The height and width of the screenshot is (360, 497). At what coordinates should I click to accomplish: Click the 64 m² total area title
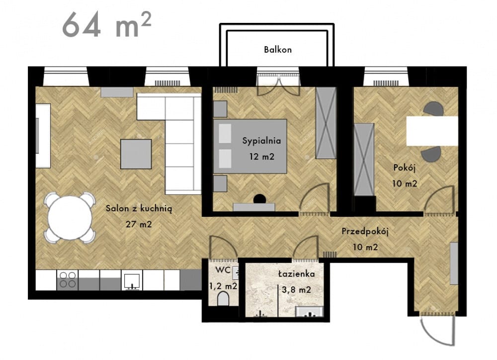click(x=106, y=25)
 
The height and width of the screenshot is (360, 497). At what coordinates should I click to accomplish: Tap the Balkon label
click(x=278, y=50)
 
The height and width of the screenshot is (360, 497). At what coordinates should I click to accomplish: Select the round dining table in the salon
click(x=70, y=218)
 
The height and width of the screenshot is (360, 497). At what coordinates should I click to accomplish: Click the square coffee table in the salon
click(x=136, y=154)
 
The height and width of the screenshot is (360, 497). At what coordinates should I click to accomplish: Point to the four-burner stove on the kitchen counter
click(x=68, y=280)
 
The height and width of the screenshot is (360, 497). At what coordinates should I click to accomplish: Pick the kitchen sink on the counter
click(x=132, y=280)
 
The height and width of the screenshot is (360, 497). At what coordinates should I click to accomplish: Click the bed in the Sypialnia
click(x=250, y=146)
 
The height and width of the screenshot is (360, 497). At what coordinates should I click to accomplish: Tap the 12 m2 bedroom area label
click(x=261, y=157)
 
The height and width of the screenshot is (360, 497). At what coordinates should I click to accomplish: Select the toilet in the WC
click(x=223, y=298)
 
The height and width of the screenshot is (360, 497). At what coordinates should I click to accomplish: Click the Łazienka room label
click(x=296, y=273)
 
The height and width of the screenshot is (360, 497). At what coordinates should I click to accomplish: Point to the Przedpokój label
click(x=365, y=232)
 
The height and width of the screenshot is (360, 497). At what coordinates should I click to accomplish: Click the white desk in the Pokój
click(x=432, y=131)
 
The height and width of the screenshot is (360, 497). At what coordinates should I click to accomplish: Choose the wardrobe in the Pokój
click(x=364, y=160)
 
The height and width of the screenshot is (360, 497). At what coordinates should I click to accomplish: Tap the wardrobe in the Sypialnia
click(x=326, y=123)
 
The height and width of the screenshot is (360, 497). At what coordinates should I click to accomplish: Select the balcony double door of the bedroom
click(x=278, y=85)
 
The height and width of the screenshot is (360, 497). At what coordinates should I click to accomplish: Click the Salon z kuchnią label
click(x=139, y=208)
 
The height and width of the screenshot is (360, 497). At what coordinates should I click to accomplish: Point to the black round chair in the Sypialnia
click(x=259, y=199)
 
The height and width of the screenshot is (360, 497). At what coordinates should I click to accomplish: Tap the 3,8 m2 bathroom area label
click(x=296, y=289)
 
